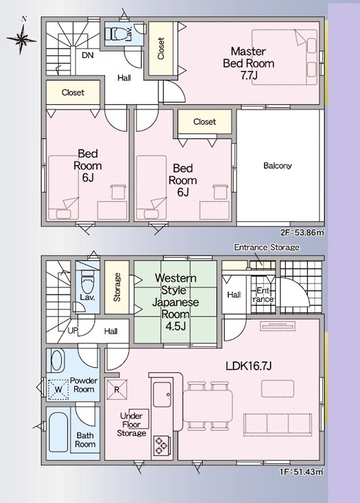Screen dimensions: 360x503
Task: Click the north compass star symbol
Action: point(21,39)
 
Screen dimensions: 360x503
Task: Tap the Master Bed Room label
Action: point(249,64)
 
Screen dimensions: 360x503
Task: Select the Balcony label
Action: point(278,165)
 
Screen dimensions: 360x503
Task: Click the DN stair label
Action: point(87,55)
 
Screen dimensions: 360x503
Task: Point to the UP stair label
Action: point(72,331)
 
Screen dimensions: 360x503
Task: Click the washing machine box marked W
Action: point(58,390)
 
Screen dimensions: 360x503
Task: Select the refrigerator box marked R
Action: point(116,389)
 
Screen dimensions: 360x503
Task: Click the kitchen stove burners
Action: point(162,445)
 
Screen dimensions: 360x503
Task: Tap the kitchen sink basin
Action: point(162,395)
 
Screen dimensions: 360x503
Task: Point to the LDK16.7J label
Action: point(249,366)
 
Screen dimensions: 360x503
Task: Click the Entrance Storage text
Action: point(267,247)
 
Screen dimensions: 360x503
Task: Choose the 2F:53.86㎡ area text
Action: point(301,233)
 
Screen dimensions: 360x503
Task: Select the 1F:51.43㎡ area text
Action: point(301,472)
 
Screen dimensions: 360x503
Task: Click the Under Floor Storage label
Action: point(132,424)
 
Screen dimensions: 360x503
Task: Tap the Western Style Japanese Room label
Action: point(176,302)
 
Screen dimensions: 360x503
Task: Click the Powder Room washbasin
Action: point(58,360)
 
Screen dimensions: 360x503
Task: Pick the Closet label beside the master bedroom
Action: point(161,48)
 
